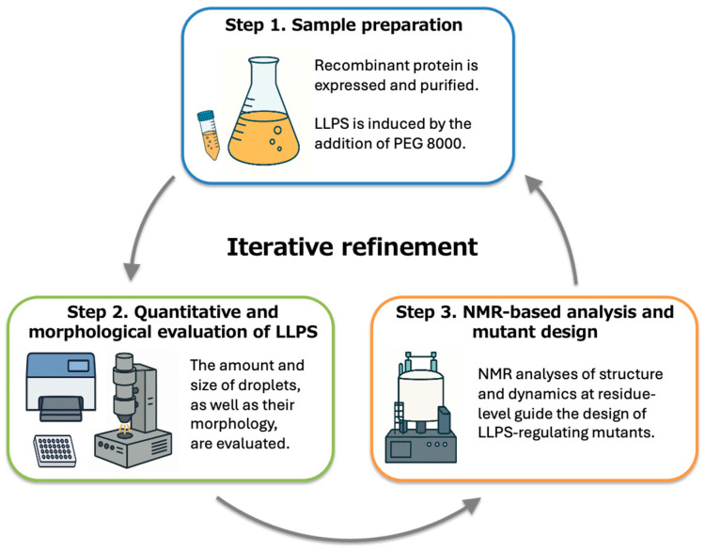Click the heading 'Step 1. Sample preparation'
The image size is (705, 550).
click(x=343, y=25)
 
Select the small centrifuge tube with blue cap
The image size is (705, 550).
click(x=209, y=134)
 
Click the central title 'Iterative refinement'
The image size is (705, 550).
click(x=352, y=247)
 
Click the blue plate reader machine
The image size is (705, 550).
click(x=61, y=386)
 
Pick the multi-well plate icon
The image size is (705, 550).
click(x=55, y=450)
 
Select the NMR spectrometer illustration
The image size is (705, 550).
click(x=421, y=407)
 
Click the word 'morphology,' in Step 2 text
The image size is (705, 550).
click(x=234, y=425)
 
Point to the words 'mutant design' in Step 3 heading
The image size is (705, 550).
click(x=535, y=332)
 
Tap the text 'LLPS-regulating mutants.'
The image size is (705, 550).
click(x=566, y=432)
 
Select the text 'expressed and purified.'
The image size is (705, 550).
click(x=396, y=86)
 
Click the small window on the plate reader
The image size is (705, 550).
click(x=78, y=365)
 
